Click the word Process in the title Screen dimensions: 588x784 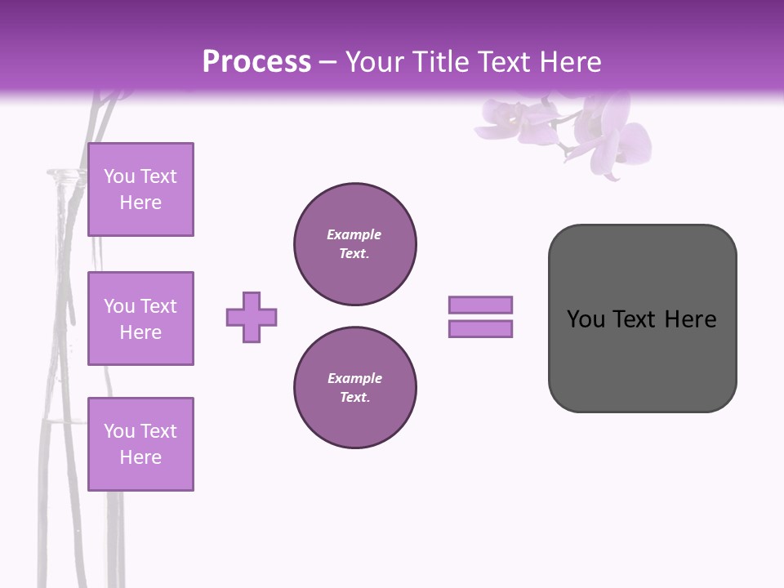[256, 62]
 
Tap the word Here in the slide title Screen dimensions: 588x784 [570, 62]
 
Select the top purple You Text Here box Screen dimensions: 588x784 [140, 189]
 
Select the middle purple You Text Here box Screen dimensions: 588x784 [140, 318]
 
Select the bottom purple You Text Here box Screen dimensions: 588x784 [140, 443]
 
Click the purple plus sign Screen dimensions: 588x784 [252, 317]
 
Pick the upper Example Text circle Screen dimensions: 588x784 [355, 244]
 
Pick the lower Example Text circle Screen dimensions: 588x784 [355, 387]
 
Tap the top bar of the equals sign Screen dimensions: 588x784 [480, 305]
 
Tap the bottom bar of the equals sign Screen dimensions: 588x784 [480, 329]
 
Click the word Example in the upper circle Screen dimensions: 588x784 [354, 234]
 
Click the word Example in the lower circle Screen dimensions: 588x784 [354, 378]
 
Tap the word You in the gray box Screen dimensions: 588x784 [586, 319]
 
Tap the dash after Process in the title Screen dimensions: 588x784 [328, 63]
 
